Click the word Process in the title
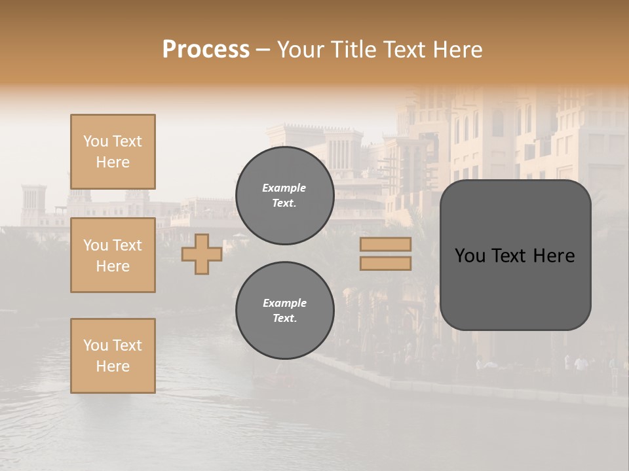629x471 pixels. [x=206, y=50]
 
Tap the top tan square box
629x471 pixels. [x=113, y=152]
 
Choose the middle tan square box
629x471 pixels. [x=113, y=255]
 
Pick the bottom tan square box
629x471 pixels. [x=113, y=356]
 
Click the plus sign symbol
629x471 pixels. [x=201, y=254]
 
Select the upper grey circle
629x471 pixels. [x=284, y=196]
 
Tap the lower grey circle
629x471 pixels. [x=284, y=311]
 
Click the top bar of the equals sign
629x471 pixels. [x=385, y=245]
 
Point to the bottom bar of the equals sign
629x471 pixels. [x=385, y=264]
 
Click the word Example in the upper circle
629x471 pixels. [x=284, y=188]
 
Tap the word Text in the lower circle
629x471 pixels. [x=284, y=319]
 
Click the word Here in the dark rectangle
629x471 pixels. [x=554, y=256]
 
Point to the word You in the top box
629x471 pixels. [x=95, y=141]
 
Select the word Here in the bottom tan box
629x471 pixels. [x=113, y=366]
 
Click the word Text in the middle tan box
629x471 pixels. [x=127, y=245]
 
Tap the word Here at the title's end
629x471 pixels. [x=457, y=50]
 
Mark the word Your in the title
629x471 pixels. [x=301, y=50]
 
